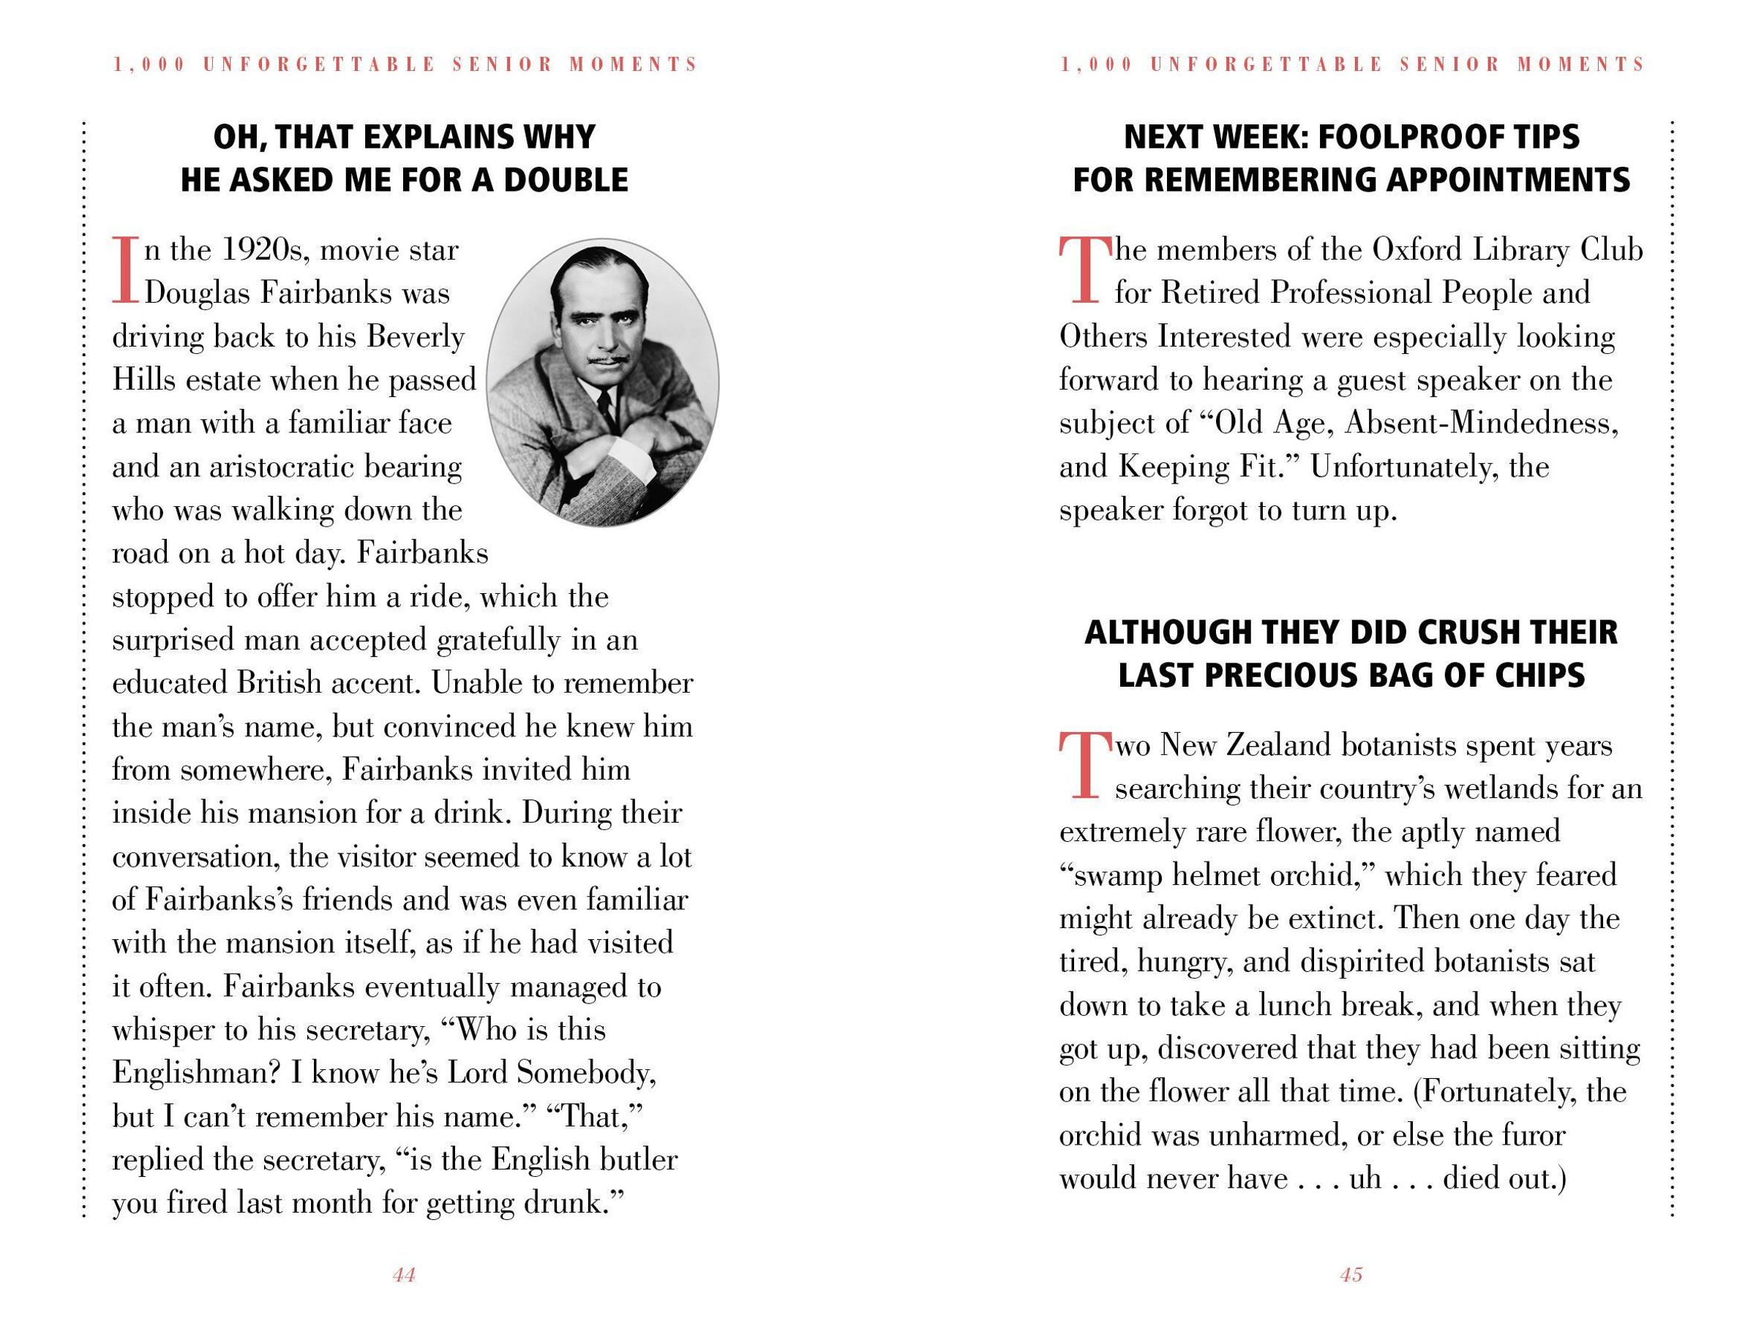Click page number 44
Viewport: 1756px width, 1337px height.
[404, 1275]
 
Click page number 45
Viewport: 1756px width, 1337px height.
[1351, 1275]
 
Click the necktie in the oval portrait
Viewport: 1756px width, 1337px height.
[607, 406]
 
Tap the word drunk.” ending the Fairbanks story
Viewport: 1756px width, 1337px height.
[571, 1202]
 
